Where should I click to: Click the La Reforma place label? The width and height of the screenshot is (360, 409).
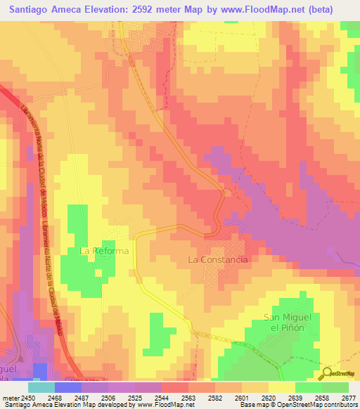[104, 251]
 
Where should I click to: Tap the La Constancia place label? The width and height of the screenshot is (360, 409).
[218, 259]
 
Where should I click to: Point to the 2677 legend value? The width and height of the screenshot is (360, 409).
[349, 397]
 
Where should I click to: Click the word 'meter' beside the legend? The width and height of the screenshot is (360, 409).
[10, 397]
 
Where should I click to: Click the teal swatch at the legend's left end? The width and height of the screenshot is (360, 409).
[41, 387]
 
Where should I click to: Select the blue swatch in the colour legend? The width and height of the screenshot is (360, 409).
[67, 387]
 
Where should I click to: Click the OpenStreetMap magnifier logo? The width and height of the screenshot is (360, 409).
[327, 372]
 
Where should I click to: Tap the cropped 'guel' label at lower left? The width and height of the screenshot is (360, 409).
[12, 369]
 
